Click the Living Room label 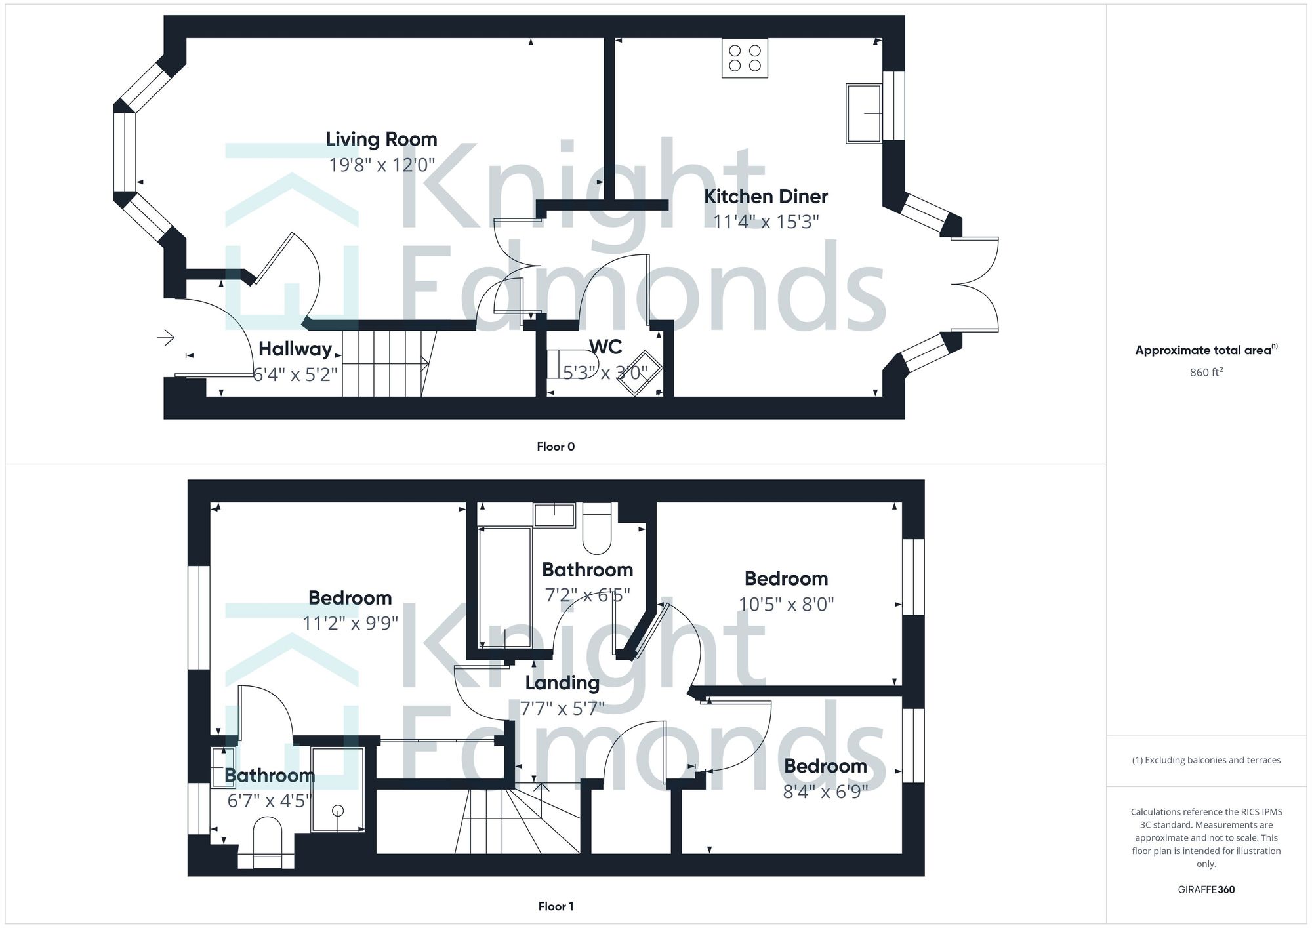coord(381,139)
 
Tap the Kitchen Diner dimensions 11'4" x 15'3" coord(766,222)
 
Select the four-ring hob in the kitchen coord(745,58)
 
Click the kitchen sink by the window coord(863,113)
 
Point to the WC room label coord(605,346)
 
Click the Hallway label coord(295,349)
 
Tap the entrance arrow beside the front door coord(166,338)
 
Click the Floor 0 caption coord(555,447)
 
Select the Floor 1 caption coord(555,906)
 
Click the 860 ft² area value coord(1206,373)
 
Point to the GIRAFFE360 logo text coord(1206,889)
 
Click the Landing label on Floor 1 coord(562,683)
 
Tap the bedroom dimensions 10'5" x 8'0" coord(786,604)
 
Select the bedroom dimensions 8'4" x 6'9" coord(825,792)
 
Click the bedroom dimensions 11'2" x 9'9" coord(350,622)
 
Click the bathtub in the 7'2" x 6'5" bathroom coord(504,587)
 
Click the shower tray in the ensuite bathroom coord(338,790)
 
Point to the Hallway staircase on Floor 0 coord(387,364)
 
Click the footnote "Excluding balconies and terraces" coord(1206,760)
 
